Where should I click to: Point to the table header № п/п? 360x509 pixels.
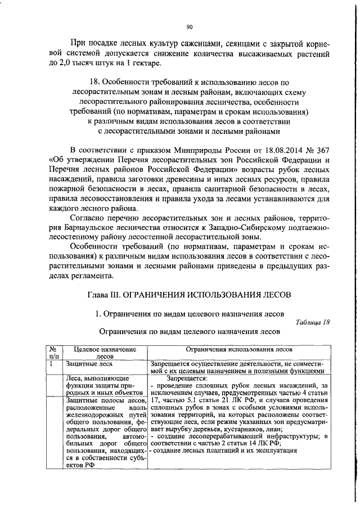[x=54, y=353]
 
